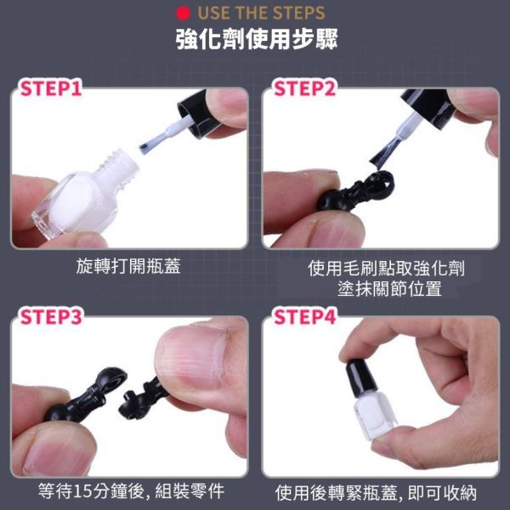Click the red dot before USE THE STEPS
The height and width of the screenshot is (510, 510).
point(181,14)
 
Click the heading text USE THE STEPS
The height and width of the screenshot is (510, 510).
point(261,14)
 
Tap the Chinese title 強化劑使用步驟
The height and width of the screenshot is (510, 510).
point(254,42)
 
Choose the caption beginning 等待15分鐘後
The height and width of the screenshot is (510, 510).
point(127,491)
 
